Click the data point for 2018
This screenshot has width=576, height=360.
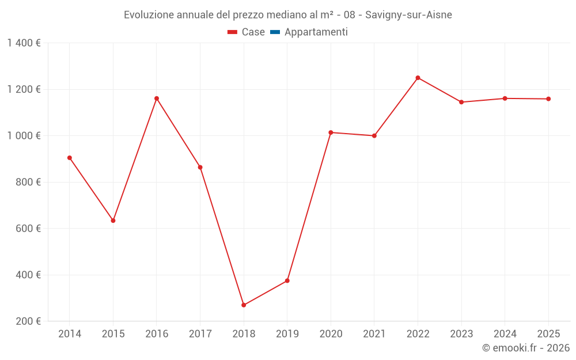click(x=244, y=305)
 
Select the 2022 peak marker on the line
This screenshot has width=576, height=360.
click(x=418, y=78)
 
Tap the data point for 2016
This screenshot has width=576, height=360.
click(x=157, y=98)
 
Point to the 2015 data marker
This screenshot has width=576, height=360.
click(x=113, y=221)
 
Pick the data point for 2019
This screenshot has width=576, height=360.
click(x=287, y=281)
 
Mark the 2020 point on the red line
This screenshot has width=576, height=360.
click(x=331, y=132)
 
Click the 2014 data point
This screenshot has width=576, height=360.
click(x=70, y=158)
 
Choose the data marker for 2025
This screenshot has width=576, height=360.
click(x=548, y=99)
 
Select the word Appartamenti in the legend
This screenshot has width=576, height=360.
click(x=316, y=32)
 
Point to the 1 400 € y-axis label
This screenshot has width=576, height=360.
click(x=24, y=43)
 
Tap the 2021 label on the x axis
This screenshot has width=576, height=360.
click(x=374, y=334)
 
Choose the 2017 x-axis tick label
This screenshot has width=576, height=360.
click(x=200, y=334)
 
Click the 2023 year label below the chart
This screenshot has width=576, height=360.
click(x=461, y=334)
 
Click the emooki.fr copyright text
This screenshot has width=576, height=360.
click(x=526, y=348)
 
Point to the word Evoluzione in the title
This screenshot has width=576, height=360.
click(x=147, y=15)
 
